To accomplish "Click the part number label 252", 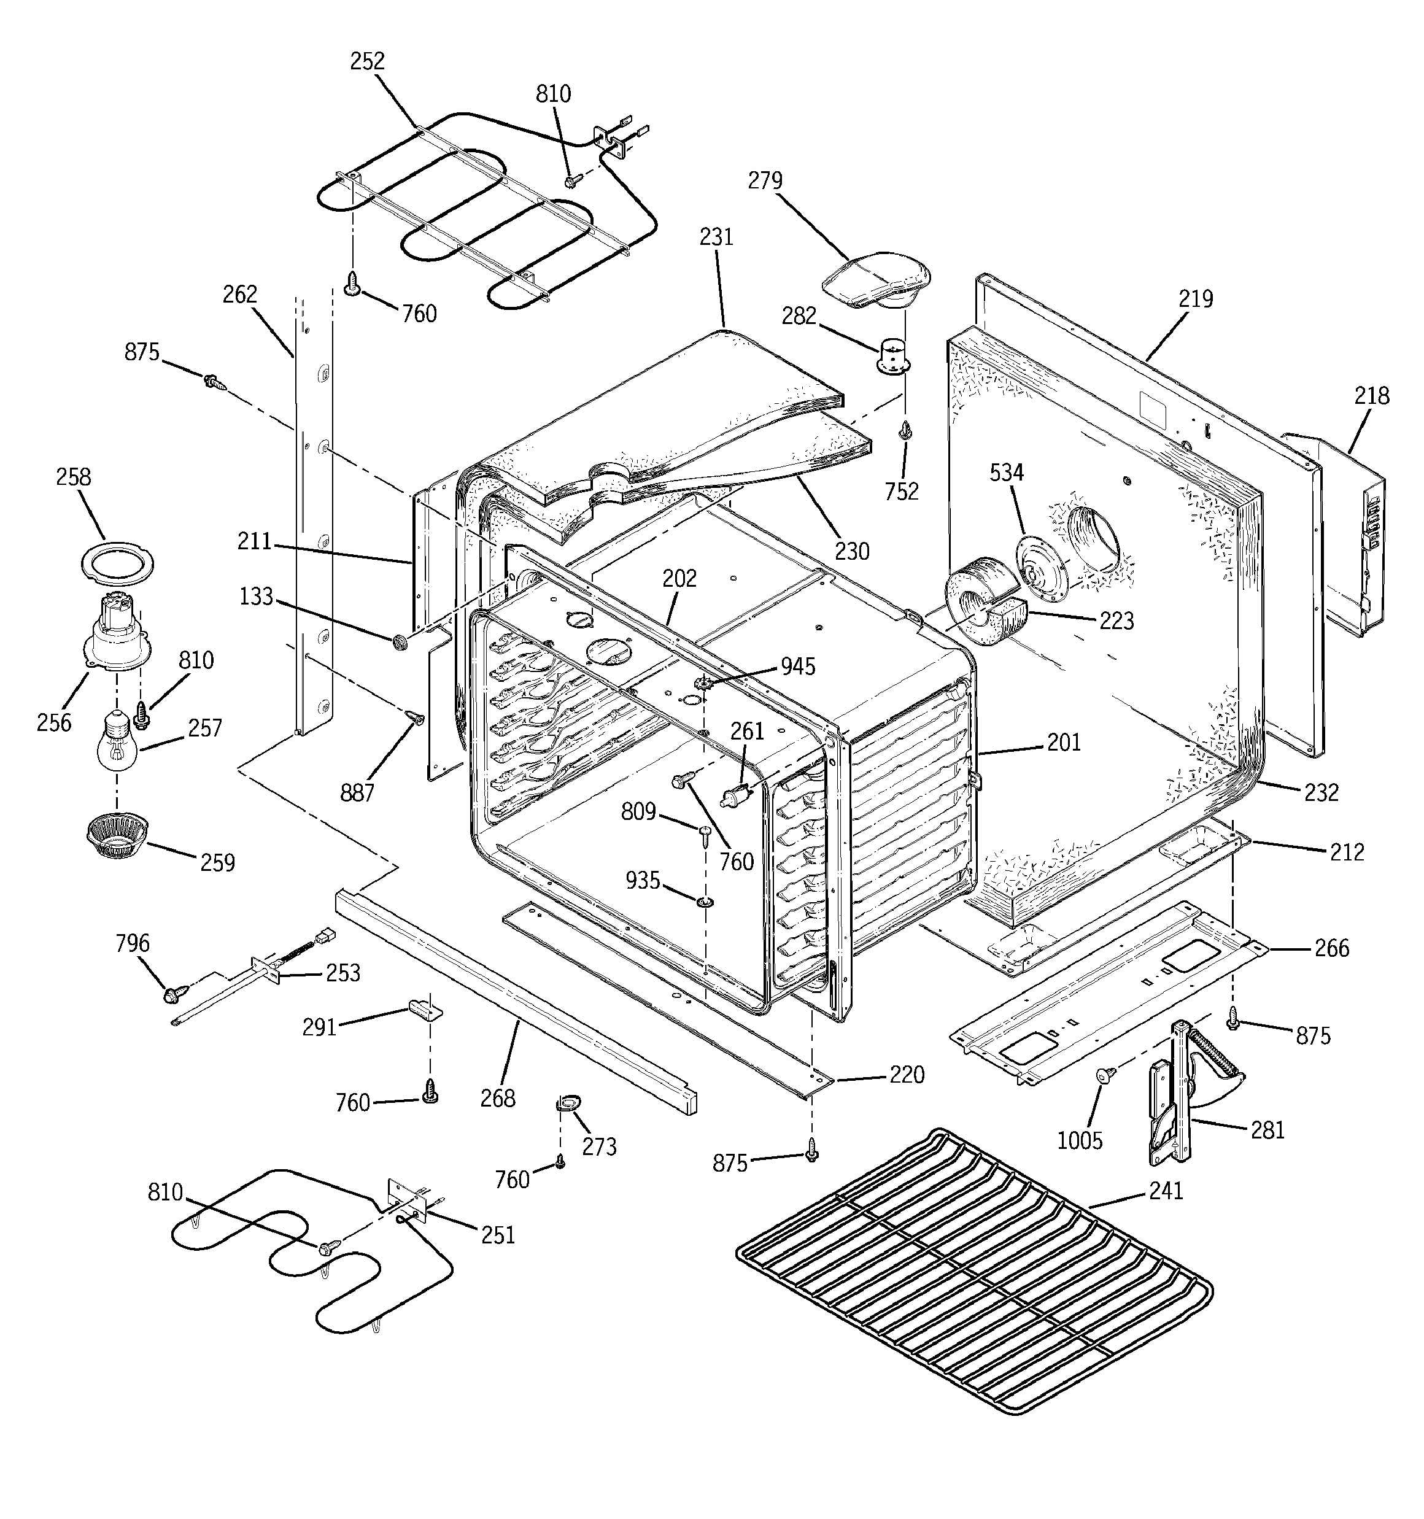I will (x=367, y=61).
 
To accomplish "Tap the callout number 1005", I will (x=1079, y=1141).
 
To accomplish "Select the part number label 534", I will (x=1006, y=473).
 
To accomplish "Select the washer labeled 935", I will (x=705, y=904).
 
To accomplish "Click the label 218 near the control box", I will (x=1371, y=396).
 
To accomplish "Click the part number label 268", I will (x=498, y=1098).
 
